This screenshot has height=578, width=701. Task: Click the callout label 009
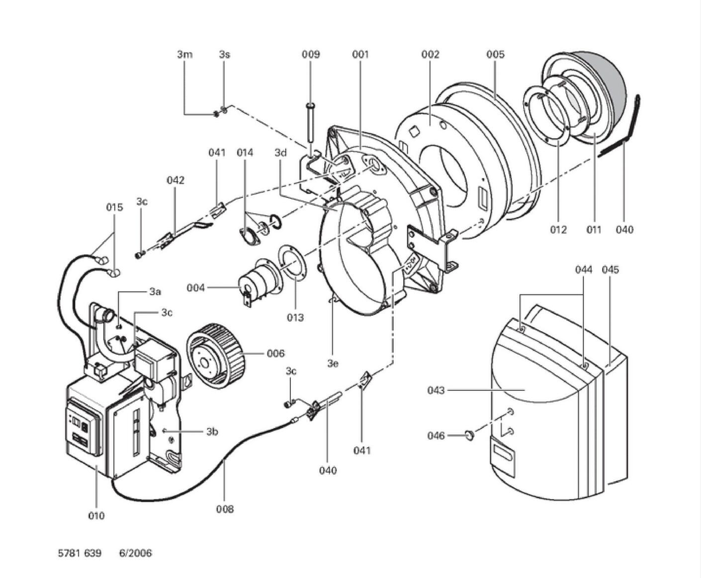coord(311,54)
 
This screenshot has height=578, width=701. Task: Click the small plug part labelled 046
coord(469,435)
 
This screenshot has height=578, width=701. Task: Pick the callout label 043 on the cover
coord(436,390)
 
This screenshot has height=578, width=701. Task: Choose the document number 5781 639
coord(80,553)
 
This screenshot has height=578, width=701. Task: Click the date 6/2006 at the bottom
coord(135,553)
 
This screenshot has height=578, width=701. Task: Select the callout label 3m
coord(184,54)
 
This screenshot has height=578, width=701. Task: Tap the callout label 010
coord(96,515)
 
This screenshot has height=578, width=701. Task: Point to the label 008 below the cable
coord(225,508)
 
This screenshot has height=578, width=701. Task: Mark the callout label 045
coord(610,269)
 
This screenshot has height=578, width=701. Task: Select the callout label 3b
coord(212,432)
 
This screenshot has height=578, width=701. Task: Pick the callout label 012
coord(558,229)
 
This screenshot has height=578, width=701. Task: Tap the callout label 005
coord(495,54)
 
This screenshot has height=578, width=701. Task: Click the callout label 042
coord(175,180)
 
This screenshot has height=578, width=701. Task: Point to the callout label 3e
coord(333,363)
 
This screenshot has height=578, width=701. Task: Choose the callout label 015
coord(114,207)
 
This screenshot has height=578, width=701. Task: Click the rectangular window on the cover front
coord(504,452)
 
